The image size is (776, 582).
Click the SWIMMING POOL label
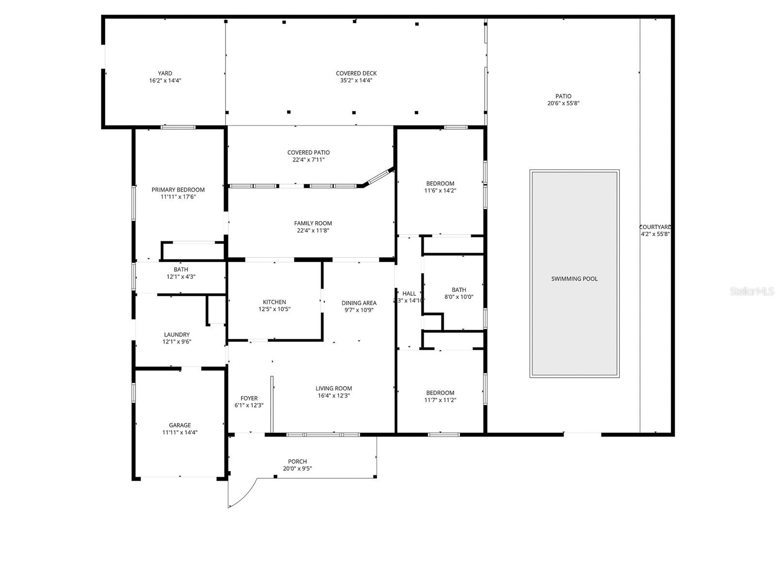click(574, 279)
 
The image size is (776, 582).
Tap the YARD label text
click(165, 74)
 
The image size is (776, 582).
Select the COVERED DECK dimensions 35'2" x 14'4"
click(356, 81)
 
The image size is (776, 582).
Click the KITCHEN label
click(275, 302)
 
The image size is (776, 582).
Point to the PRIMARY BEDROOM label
click(178, 190)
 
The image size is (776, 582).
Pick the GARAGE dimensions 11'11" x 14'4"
click(180, 433)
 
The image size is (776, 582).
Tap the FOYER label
click(249, 398)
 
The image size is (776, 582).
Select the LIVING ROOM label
click(334, 388)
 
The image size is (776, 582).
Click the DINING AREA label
click(359, 303)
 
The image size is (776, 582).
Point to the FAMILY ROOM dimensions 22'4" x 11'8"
click(313, 231)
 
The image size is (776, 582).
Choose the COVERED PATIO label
click(308, 152)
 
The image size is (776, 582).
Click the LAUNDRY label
click(177, 335)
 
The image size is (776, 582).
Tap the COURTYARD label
click(655, 227)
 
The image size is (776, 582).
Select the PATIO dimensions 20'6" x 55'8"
click(563, 103)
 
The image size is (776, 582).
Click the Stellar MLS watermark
click(752, 291)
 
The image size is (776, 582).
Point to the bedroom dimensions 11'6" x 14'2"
click(440, 191)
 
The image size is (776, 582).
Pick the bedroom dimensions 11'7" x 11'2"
click(440, 401)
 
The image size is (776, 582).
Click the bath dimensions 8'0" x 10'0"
click(459, 297)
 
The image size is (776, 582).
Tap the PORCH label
click(297, 462)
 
